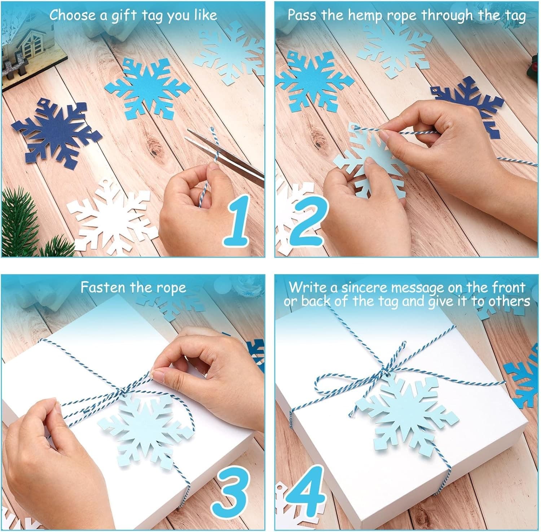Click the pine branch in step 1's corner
(22, 223)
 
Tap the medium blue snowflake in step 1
(148, 86)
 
